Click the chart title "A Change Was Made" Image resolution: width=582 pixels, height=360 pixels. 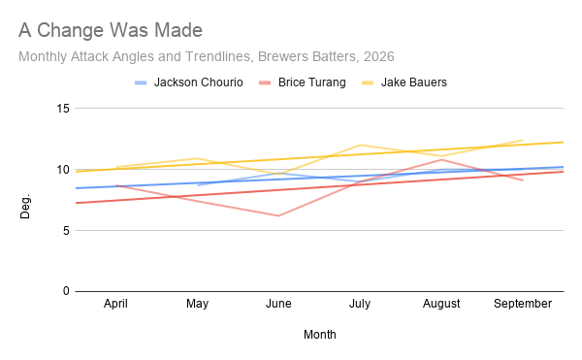click(x=111, y=30)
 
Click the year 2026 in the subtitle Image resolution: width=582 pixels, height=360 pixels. click(x=378, y=56)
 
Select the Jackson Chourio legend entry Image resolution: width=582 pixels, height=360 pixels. click(x=189, y=82)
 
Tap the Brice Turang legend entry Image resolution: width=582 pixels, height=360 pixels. click(x=303, y=82)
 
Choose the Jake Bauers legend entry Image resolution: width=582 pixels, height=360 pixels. click(x=404, y=82)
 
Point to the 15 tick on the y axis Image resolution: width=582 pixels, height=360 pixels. click(x=63, y=109)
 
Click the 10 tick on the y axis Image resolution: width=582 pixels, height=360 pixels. click(x=63, y=170)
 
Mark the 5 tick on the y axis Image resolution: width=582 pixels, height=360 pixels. click(x=66, y=231)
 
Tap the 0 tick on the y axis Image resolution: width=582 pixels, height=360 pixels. click(x=66, y=291)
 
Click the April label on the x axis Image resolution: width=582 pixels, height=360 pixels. click(x=115, y=304)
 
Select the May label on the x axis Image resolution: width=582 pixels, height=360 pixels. click(x=197, y=304)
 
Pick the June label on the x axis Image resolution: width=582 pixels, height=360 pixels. click(x=278, y=304)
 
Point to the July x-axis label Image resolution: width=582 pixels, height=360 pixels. click(x=360, y=304)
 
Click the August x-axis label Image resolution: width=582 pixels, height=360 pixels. click(x=441, y=304)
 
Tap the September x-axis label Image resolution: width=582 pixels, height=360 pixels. click(x=523, y=304)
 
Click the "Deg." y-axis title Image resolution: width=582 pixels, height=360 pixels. click(x=25, y=207)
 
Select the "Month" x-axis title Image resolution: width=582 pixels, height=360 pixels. click(x=319, y=335)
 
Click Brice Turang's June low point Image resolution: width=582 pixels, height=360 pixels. click(x=278, y=215)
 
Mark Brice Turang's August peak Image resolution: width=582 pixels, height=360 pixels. click(x=441, y=159)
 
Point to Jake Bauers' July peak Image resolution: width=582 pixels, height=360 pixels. click(x=360, y=146)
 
